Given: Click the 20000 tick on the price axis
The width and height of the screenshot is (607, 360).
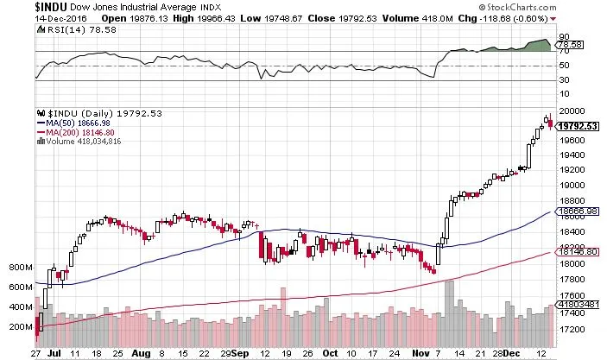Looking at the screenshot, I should pyautogui.click(x=571, y=111).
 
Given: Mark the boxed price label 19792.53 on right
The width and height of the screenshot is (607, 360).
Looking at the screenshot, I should pyautogui.click(x=578, y=126).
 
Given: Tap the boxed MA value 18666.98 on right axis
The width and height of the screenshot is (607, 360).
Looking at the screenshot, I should pyautogui.click(x=578, y=211).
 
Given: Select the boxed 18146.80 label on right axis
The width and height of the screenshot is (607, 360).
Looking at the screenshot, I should pyautogui.click(x=578, y=251).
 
